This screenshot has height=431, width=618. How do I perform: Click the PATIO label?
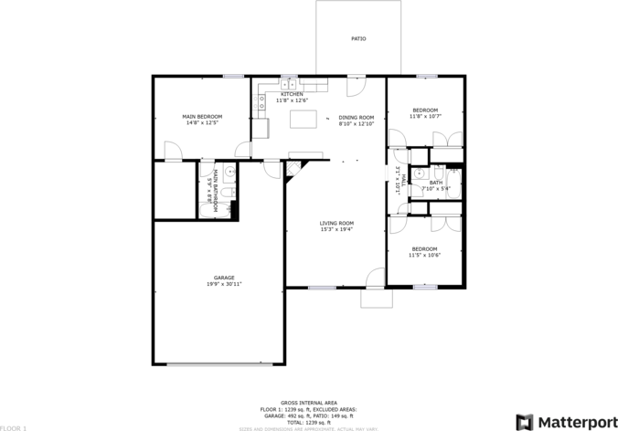point(358,39)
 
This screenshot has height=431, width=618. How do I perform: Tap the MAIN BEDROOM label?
point(202,116)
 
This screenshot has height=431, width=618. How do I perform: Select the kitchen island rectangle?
point(303,119)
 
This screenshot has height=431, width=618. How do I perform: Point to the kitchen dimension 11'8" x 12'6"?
point(293,100)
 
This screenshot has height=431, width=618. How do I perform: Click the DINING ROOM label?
point(357,117)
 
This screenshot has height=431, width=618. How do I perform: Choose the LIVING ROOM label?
point(336,223)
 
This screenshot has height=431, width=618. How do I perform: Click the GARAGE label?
point(224,278)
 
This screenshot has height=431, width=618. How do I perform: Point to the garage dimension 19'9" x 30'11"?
point(224,284)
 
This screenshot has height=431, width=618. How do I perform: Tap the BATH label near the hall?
point(436,183)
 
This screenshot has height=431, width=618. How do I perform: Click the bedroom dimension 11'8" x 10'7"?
point(425,117)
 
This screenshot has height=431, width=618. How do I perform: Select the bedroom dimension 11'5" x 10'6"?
point(424,256)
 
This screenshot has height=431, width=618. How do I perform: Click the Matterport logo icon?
point(525,422)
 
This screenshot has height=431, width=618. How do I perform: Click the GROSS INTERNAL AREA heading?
point(309,403)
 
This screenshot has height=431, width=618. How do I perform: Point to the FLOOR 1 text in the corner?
point(14,427)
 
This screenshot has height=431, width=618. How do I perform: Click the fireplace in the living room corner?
point(293,169)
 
